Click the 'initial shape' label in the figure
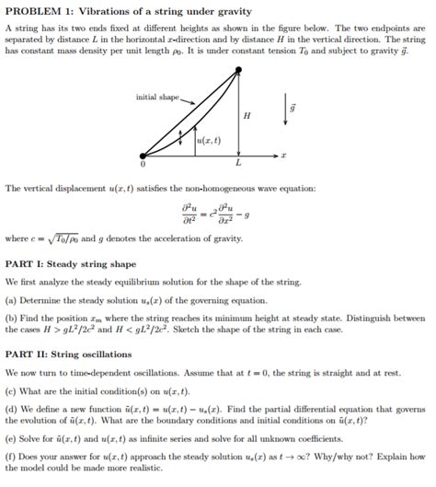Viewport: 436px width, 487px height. (x=158, y=97)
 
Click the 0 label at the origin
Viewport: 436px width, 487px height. (x=143, y=167)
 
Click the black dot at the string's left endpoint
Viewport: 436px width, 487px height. (x=143, y=156)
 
